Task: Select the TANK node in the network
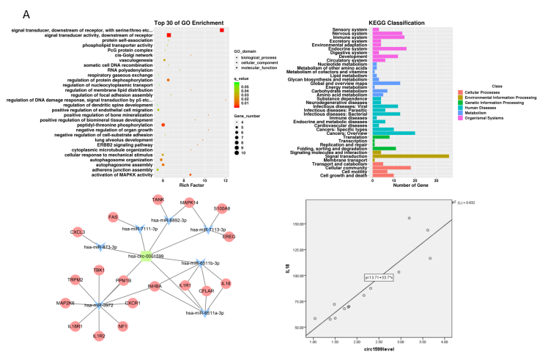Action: (x=158, y=200)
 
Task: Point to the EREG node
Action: (x=229, y=237)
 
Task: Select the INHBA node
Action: (x=155, y=287)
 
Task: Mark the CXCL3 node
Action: (x=78, y=232)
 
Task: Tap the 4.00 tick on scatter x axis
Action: (x=444, y=342)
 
